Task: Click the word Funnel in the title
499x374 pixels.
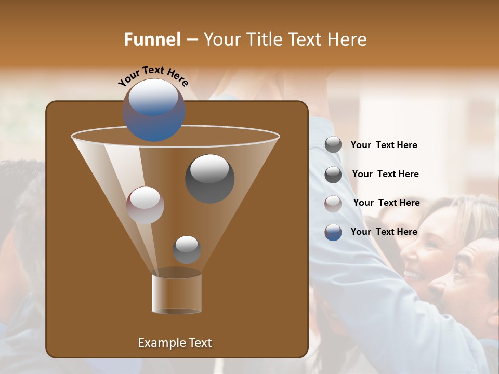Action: click(152, 39)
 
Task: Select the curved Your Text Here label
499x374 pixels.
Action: click(153, 76)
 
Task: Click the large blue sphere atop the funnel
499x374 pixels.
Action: click(154, 110)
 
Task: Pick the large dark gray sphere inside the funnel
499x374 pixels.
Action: click(209, 178)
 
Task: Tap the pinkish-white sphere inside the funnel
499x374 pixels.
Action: click(146, 205)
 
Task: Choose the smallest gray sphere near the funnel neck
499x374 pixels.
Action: click(187, 249)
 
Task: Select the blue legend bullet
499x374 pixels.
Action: click(333, 232)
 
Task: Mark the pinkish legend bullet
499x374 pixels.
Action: click(333, 203)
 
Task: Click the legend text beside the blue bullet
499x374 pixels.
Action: click(384, 232)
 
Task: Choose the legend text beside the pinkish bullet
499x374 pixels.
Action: click(386, 203)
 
